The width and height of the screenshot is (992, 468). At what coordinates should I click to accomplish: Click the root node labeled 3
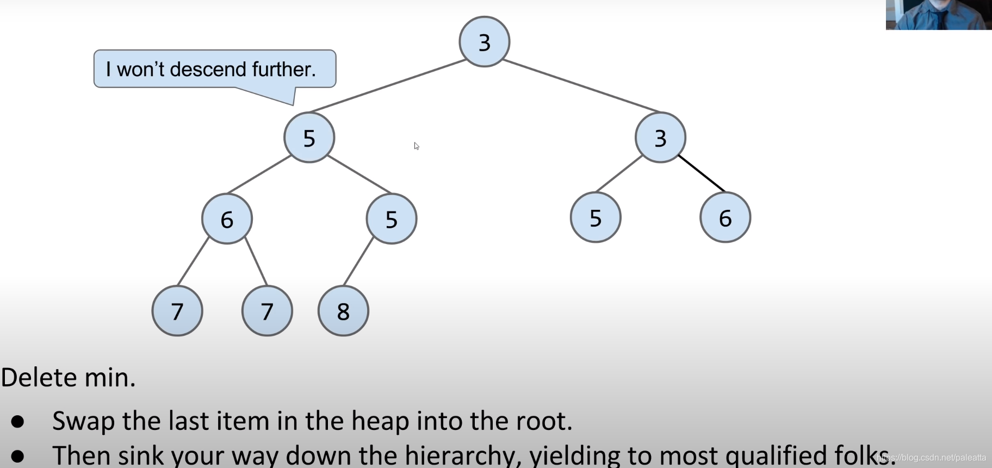coord(484,42)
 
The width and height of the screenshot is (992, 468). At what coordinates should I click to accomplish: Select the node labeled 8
coord(343,311)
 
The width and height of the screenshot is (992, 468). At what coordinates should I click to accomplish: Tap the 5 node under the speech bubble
coord(309,138)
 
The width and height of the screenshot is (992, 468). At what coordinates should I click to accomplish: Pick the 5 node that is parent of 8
coord(392,219)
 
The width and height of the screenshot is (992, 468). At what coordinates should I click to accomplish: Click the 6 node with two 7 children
coord(227,219)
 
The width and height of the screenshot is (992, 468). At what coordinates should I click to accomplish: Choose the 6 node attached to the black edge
coord(725,217)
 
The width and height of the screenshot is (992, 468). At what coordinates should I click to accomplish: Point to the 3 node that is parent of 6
coord(660,138)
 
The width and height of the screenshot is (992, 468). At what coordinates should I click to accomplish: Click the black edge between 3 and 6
coord(702,174)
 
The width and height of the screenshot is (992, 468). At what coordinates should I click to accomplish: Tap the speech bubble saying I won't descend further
coord(215,69)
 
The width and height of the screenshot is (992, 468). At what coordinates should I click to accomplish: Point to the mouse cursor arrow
coord(416,146)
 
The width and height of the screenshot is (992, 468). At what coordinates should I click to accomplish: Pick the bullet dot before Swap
coord(18,421)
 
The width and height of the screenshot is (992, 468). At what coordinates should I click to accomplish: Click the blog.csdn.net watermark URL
coord(932,458)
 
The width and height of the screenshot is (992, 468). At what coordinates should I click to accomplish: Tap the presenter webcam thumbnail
coord(938,15)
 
